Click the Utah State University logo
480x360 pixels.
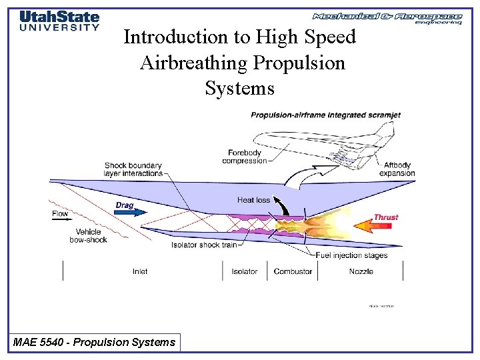click(x=59, y=21)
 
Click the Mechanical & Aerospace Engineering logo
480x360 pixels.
click(x=387, y=18)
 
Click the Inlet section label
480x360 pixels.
click(x=140, y=271)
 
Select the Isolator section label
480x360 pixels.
click(x=245, y=271)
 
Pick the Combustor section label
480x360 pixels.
click(x=293, y=271)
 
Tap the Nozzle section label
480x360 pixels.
click(x=361, y=271)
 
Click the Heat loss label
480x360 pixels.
click(x=254, y=200)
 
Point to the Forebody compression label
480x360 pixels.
click(x=244, y=156)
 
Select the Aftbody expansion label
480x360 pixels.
click(x=397, y=169)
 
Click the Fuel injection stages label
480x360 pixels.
click(x=351, y=255)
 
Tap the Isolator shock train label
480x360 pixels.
click(x=203, y=245)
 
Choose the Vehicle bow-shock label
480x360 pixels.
click(x=88, y=236)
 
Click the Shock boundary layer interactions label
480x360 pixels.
click(x=133, y=169)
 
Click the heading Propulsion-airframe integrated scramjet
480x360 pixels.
click(x=325, y=115)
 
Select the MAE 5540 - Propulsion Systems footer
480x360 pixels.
click(x=95, y=343)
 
